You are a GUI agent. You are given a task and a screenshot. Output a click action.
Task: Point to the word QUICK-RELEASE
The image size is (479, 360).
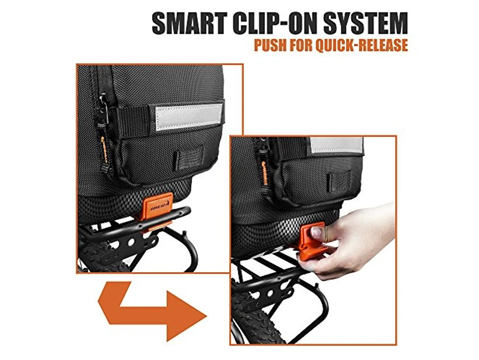tap(364, 45)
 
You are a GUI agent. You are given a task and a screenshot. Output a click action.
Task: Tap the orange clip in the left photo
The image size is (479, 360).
tap(157, 208)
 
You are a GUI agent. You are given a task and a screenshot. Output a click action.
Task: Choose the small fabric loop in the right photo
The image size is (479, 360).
tap(340, 181)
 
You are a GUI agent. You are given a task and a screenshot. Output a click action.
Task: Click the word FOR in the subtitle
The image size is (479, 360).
tap(303, 45)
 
